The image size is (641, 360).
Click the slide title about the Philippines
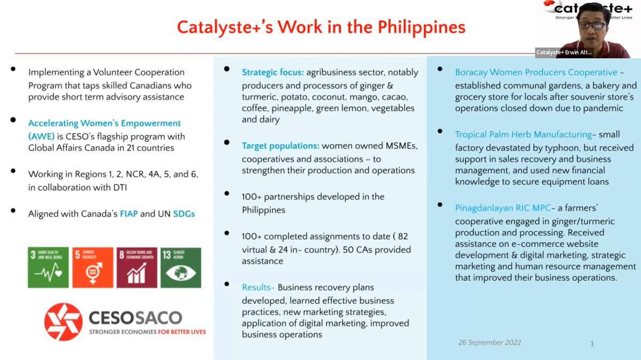pos(321,27)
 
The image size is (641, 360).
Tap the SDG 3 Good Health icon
pos(49,268)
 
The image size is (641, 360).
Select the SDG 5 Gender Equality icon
pos(92,268)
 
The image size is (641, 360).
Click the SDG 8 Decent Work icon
pos(137,268)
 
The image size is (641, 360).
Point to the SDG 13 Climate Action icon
pos(181,268)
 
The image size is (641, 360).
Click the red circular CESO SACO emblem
pos(63,322)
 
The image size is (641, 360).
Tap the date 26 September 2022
pos(489,342)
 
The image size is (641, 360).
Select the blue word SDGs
pos(184,214)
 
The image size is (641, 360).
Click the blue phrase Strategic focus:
pos(272,72)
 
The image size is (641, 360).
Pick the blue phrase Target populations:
pos(280,145)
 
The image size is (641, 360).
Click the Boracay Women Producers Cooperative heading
pos(536,72)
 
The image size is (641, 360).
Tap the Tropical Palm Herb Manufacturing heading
pos(523,135)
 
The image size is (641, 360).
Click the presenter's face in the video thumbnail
pos(591,24)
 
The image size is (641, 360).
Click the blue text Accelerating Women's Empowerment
pos(104,123)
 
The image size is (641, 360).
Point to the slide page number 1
pos(592,343)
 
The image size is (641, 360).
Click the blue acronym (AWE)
pos(42,136)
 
